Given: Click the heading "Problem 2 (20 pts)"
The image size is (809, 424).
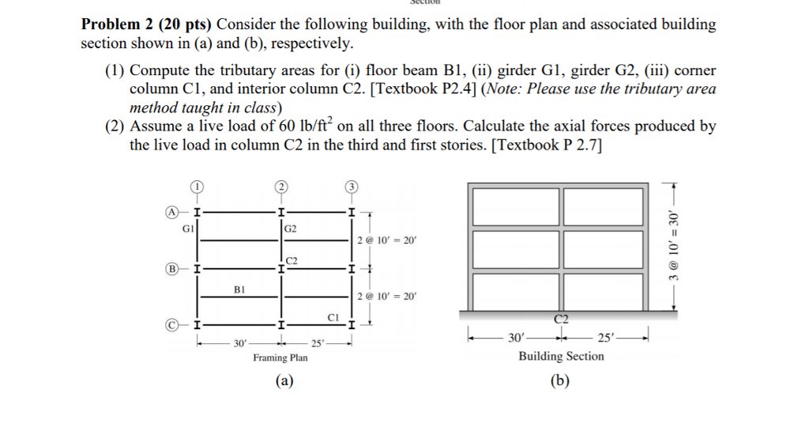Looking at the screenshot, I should coord(146,25).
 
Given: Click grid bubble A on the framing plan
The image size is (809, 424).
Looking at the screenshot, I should coord(170,212).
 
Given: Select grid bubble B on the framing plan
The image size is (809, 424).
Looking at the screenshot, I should coord(170,269).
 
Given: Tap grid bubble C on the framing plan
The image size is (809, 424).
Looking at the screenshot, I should coord(170,325).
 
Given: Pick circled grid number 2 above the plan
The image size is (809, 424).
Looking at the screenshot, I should coord(280,187).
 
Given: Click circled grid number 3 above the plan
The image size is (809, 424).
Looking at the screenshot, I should coord(350,187).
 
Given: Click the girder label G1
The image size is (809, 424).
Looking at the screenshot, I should coord(188,229).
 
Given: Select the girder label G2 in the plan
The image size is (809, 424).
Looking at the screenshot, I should coord(290,229).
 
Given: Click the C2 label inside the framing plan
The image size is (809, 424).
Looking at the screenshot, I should coord(292,259).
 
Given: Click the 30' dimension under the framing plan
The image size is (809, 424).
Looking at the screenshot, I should coord(240,343).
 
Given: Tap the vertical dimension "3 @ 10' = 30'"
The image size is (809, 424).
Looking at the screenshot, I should coord(674,244).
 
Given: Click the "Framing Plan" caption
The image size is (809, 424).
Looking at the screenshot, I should coord(280,358).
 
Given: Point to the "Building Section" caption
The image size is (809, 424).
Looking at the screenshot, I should coord(561,357).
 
